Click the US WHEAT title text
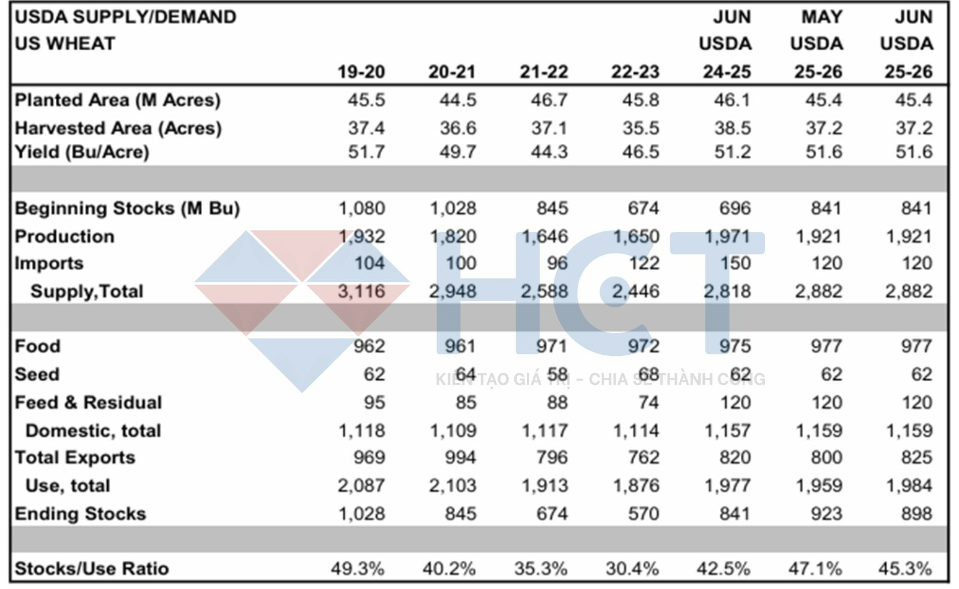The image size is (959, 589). tap(65, 44)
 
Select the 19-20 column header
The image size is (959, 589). tap(361, 72)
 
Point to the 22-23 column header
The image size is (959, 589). tap(635, 72)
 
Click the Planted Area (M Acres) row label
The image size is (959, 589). tap(117, 100)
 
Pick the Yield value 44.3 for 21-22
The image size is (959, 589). tap(549, 152)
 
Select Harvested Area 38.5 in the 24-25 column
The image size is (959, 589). tap(732, 128)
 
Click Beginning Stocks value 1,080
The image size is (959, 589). tap(361, 209)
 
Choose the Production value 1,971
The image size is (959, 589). tap(727, 237)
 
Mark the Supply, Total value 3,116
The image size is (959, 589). tap(361, 291)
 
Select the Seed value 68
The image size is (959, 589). tap(649, 374)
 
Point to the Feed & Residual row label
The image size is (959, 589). tap(88, 403)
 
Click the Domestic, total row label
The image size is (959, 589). tap(93, 431)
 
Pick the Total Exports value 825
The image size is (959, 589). tap(916, 458)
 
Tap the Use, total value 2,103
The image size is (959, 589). tap(453, 485)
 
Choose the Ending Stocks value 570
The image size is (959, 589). tap(643, 514)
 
